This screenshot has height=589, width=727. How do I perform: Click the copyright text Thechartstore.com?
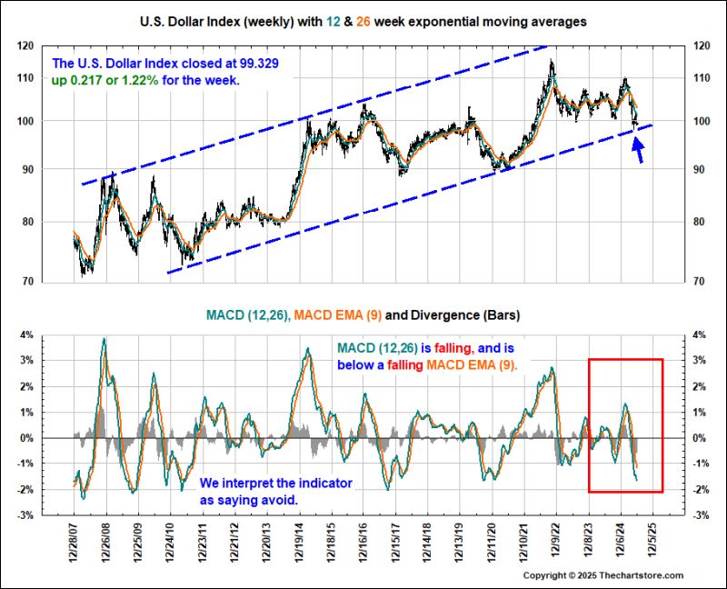click(670, 576)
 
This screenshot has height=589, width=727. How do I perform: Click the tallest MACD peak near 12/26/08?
click(105, 340)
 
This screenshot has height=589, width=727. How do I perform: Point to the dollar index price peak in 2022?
click(551, 62)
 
